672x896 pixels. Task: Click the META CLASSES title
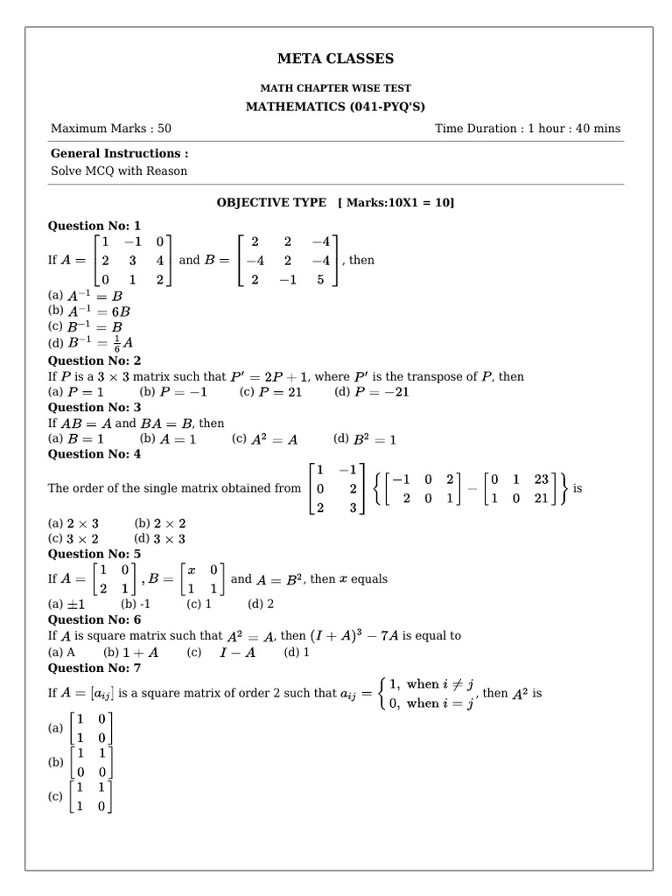(x=335, y=59)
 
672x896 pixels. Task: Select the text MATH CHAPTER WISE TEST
(x=335, y=88)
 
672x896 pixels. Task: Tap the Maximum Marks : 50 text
(x=111, y=129)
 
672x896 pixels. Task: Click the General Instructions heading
(x=119, y=153)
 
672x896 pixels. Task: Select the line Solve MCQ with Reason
(x=119, y=171)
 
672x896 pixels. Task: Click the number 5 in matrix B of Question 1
(x=319, y=281)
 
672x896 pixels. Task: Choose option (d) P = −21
(x=372, y=392)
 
